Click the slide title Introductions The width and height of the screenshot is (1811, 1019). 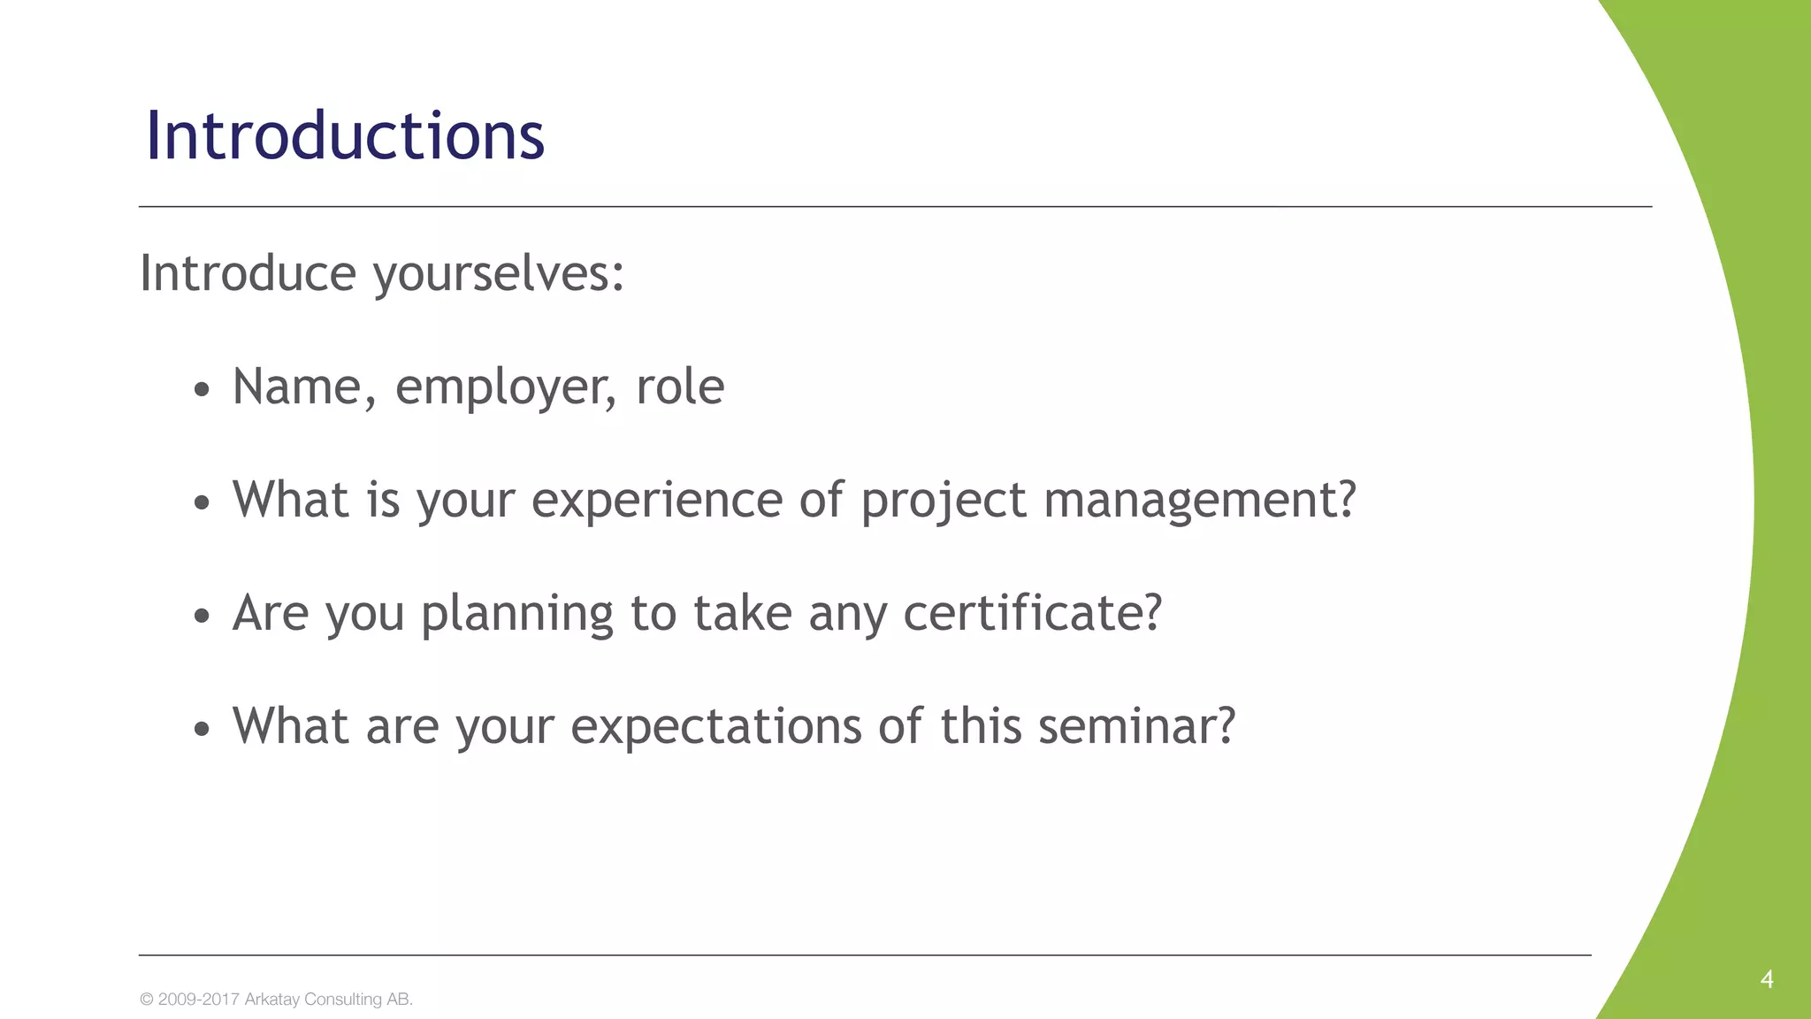(345, 136)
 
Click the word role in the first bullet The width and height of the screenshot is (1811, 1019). (680, 387)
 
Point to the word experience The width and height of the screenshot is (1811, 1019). (657, 501)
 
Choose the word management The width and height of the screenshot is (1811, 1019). (1199, 501)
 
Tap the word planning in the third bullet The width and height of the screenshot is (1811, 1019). (516, 614)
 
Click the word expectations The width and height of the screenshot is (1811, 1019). (715, 727)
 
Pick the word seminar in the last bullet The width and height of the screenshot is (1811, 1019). (1135, 727)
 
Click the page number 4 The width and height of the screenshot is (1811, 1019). (1767, 979)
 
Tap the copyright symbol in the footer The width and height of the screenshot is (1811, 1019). (147, 1000)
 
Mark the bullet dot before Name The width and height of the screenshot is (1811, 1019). (202, 389)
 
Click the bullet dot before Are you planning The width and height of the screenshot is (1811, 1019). (202, 616)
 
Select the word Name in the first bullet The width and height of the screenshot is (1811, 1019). (297, 387)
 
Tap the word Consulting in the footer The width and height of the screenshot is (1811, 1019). (343, 1000)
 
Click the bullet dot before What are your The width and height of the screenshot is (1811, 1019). (202, 729)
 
